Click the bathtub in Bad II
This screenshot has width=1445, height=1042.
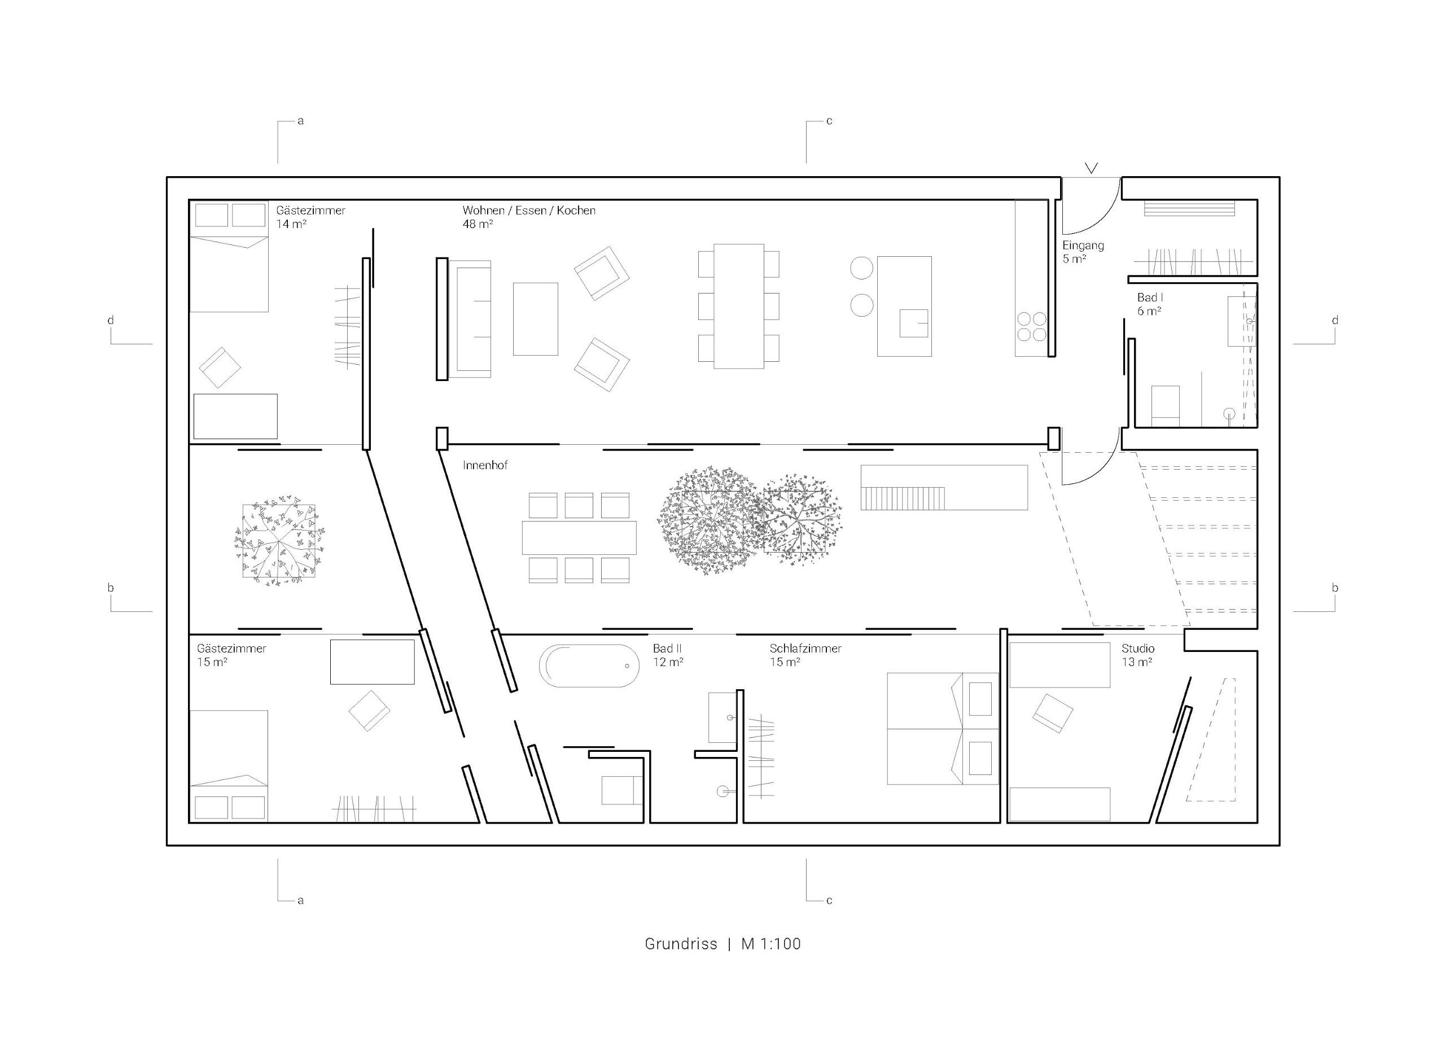tap(589, 666)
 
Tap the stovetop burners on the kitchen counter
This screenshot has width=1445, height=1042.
tap(1031, 326)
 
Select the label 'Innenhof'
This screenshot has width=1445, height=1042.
tap(485, 465)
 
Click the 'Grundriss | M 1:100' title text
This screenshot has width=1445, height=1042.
tap(722, 944)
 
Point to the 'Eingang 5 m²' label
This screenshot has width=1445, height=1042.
tap(1083, 252)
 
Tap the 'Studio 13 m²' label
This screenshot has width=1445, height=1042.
tap(1137, 655)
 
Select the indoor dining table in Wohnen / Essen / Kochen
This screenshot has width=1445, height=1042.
tap(738, 306)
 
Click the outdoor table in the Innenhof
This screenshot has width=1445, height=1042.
tap(579, 538)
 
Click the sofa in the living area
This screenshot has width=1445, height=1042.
tap(470, 319)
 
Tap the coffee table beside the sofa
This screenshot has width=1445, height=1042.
tap(535, 319)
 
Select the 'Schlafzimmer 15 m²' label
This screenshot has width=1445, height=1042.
tap(805, 655)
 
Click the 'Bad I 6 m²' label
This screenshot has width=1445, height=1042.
tap(1149, 304)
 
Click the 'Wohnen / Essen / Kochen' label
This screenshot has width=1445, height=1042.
tap(529, 211)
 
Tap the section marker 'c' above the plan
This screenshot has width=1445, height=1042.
tap(829, 121)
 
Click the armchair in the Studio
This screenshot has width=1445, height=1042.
tap(1052, 712)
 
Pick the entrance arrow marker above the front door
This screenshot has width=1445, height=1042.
tap(1092, 168)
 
